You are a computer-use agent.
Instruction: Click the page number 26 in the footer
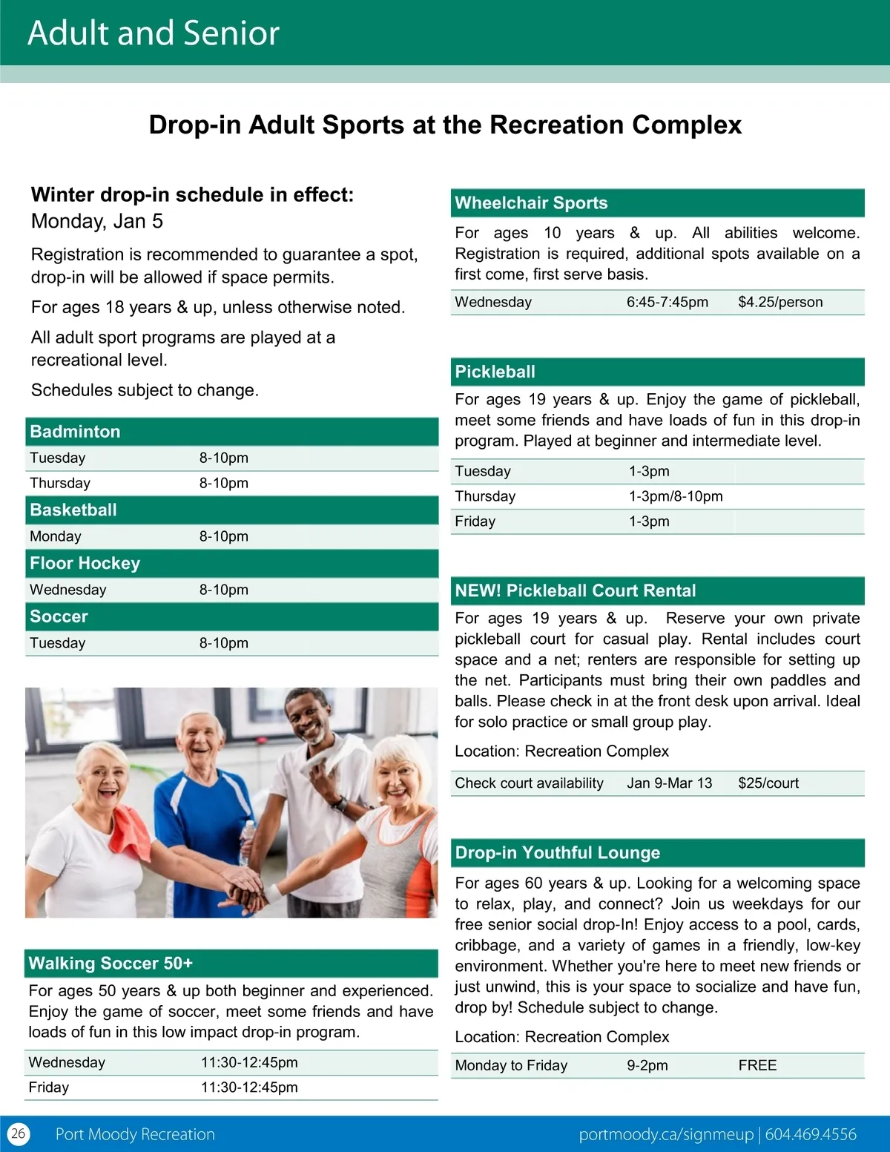tap(18, 1133)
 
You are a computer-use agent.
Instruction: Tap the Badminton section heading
tap(75, 432)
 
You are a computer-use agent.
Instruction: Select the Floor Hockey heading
tap(85, 564)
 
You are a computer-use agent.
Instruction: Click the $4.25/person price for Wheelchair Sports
tap(780, 302)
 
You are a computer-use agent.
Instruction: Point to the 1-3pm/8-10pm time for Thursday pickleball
tap(676, 496)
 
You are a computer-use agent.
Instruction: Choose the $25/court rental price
tap(768, 783)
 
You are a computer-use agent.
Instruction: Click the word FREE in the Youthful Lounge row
tap(757, 1065)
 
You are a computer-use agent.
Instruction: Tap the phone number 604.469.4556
tap(811, 1134)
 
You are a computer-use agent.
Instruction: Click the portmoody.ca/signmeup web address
tap(665, 1134)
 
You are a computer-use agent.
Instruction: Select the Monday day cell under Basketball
tap(56, 536)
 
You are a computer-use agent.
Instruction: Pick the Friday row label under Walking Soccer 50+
tap(49, 1087)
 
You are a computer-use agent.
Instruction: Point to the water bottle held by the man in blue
tap(245, 842)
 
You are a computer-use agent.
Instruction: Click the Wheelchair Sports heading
tap(531, 203)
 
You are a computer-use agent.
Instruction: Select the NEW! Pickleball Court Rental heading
tap(576, 591)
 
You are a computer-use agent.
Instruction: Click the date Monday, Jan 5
tap(97, 221)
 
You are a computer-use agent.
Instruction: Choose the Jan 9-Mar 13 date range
tap(669, 783)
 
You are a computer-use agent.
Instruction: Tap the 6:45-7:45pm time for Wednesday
tap(667, 302)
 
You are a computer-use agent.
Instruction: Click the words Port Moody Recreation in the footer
tap(135, 1134)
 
